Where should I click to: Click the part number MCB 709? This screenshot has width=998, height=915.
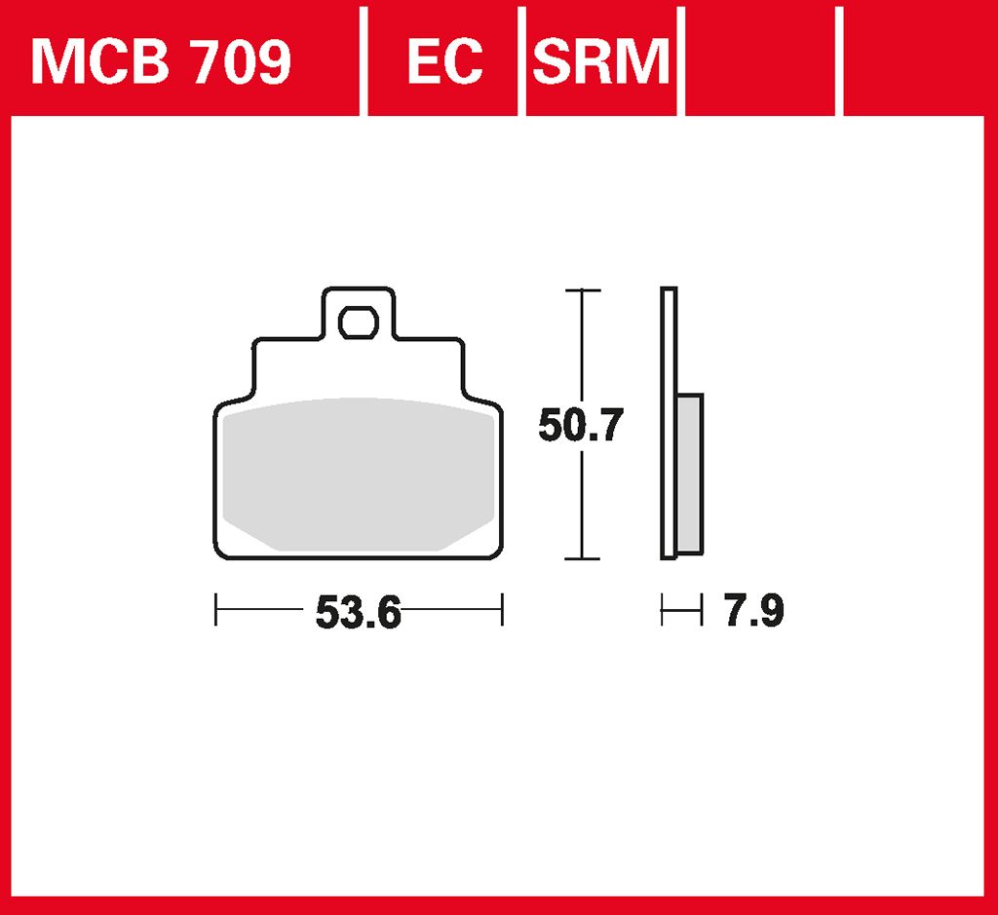pos(161,63)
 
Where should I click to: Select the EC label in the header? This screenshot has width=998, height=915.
pos(444,63)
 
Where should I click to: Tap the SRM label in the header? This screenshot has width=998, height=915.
pos(601,63)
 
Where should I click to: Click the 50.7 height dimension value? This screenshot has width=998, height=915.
pos(580,427)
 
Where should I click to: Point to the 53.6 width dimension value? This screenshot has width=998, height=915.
pos(358,613)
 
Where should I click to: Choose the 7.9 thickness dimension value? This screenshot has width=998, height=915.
pos(753,612)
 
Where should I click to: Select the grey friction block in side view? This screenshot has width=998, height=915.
pos(688,473)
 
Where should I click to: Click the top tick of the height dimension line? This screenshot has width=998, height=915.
pos(582,290)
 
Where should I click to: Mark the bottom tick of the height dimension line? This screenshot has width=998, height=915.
pos(582,559)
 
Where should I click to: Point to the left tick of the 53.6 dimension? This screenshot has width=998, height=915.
pos(215,611)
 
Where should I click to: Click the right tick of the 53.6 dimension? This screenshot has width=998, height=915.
pos(501,611)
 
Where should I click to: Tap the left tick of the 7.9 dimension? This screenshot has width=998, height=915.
pos(662,612)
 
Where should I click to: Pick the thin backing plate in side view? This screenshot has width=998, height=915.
pos(668,424)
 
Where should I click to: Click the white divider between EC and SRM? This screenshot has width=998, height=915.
pos(522,58)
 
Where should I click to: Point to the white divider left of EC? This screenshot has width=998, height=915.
pos(364,58)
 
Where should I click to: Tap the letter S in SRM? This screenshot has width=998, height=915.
pos(552,63)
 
